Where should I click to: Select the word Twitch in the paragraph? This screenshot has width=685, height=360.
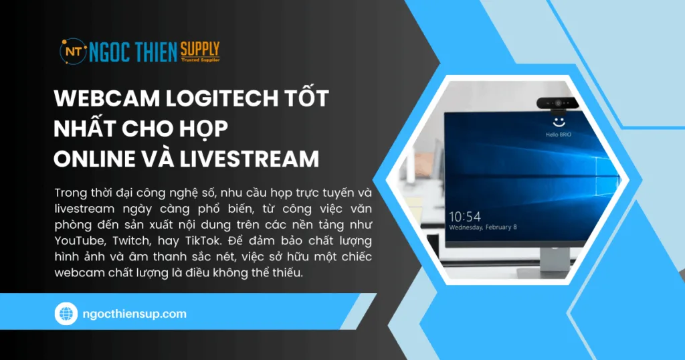pos(134,240)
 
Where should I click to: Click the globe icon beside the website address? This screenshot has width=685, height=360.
pos(66,313)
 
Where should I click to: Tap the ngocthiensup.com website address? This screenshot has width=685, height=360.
pos(132,313)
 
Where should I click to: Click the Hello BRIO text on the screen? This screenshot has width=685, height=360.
pos(558,134)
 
